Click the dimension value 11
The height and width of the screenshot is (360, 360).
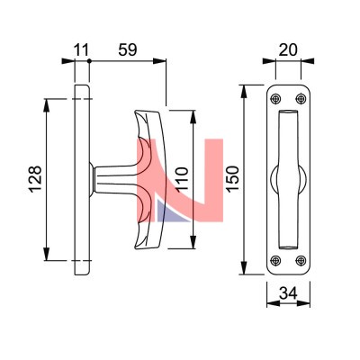coord(81,50)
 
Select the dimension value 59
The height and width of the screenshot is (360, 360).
coord(128,49)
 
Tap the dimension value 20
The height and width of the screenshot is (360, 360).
coord(288,50)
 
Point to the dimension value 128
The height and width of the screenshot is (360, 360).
coord(35,179)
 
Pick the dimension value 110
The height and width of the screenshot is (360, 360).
coord(182,179)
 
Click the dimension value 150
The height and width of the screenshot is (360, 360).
coord(232,178)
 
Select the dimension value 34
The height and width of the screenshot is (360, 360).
coord(288,293)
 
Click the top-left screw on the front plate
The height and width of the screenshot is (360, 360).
coord(275,99)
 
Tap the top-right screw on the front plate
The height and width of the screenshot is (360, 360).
coord(301,99)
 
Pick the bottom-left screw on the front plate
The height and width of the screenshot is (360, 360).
coord(275,260)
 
